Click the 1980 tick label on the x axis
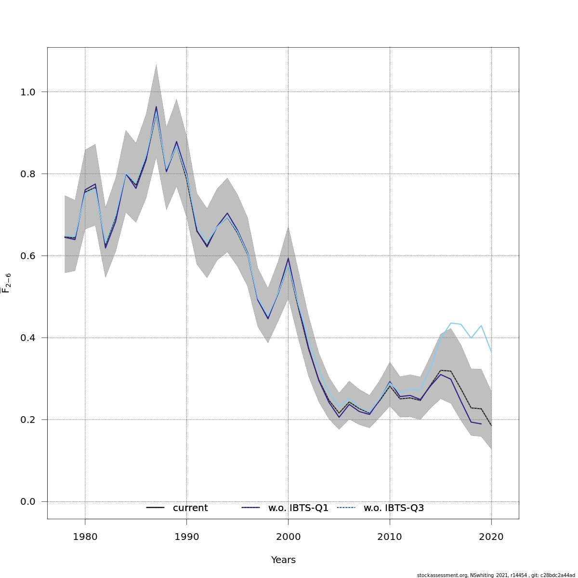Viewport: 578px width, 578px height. tap(85, 537)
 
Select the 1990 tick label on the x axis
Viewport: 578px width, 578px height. tap(186, 537)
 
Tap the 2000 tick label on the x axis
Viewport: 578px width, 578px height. tap(288, 537)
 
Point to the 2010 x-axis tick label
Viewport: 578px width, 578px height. tap(390, 537)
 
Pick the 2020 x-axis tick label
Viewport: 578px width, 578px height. tap(491, 537)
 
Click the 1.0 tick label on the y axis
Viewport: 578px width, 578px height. tap(27, 92)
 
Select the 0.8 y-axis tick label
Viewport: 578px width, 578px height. tap(27, 174)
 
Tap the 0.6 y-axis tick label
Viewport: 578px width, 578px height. tap(27, 256)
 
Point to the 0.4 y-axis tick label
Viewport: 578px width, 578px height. tap(27, 338)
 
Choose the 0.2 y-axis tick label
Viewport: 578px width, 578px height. tap(27, 420)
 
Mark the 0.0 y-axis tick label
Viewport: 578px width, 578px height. tap(27, 501)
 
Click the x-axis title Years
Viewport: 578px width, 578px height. tap(283, 560)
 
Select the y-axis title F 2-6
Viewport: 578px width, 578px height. tap(6, 283)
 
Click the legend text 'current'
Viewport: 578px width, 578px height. tap(190, 508)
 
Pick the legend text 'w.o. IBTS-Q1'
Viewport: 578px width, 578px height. tap(298, 508)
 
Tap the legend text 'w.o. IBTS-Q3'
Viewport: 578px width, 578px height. tap(394, 508)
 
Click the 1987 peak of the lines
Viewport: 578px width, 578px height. tap(156, 107)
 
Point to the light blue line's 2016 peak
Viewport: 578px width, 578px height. tap(451, 323)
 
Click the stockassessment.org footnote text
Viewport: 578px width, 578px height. tap(496, 575)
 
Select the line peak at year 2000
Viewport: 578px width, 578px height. tap(288, 258)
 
